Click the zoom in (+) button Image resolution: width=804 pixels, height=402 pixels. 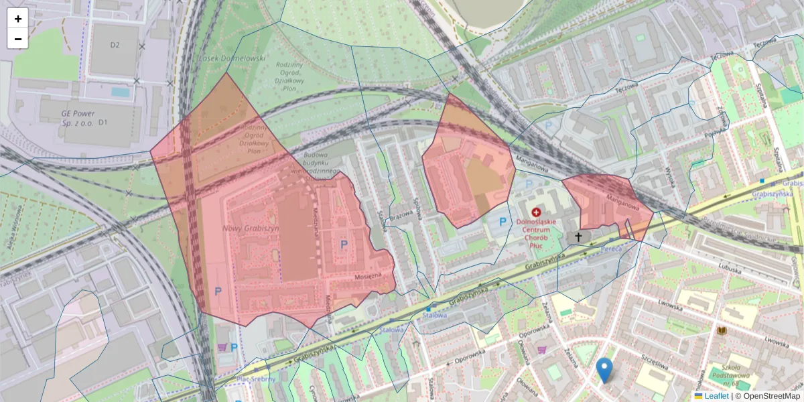point(18,19)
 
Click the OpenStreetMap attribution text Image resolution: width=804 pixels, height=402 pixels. point(768,396)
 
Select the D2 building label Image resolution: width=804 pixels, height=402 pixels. point(115,46)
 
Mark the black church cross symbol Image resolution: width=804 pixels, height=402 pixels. point(578,237)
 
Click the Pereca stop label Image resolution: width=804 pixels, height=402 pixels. point(611,249)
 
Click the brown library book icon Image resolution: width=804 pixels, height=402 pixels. point(722,331)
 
